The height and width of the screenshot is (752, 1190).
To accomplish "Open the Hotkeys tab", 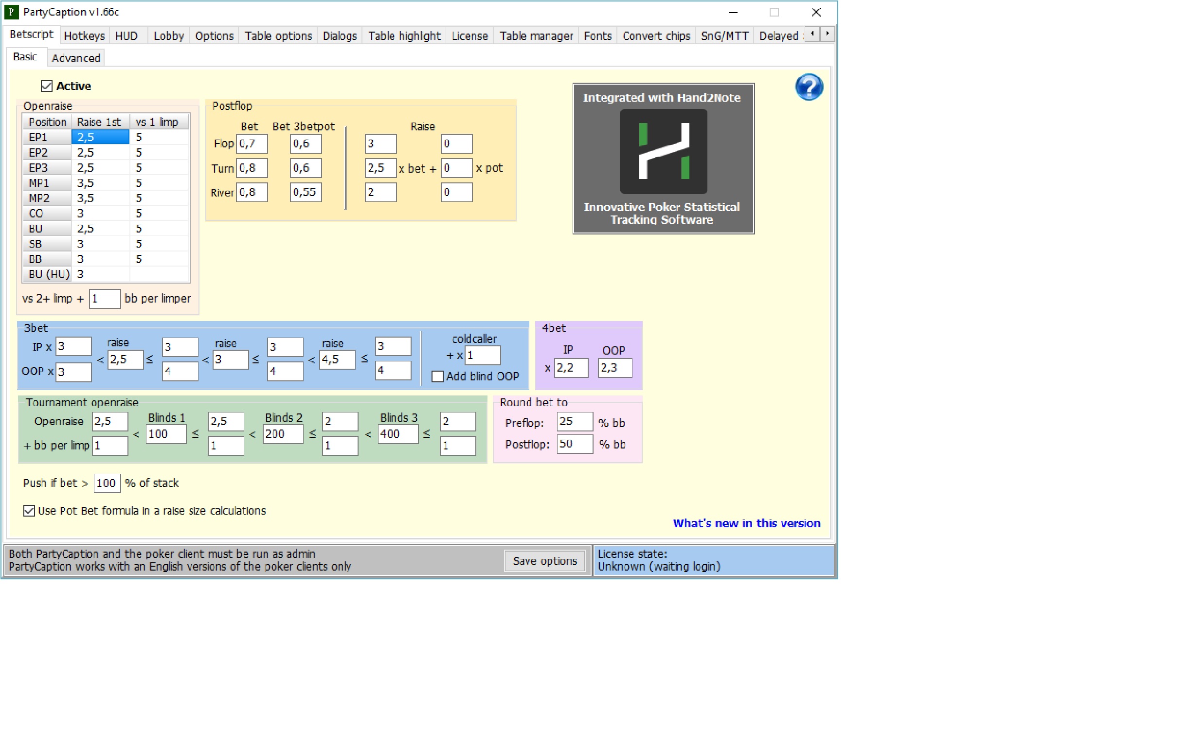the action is [84, 36].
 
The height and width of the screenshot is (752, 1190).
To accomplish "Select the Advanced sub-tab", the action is [76, 58].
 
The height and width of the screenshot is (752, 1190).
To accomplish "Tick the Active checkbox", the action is [46, 86].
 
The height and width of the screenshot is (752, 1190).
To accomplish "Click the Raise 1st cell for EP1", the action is [100, 137].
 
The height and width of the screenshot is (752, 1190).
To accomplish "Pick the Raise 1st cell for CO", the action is [100, 213].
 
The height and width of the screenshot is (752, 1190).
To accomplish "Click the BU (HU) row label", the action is [49, 274].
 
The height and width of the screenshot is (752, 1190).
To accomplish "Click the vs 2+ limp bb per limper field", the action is [105, 299].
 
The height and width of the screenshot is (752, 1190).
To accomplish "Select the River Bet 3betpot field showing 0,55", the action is [306, 192].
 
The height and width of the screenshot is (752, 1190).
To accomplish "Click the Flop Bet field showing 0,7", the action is [252, 144].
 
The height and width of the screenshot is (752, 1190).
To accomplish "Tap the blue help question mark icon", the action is [809, 87].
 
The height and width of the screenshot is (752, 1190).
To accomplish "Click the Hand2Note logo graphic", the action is [663, 151].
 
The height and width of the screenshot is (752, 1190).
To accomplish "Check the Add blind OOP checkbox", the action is [437, 376].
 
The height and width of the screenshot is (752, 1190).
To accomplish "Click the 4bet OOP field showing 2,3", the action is [615, 368].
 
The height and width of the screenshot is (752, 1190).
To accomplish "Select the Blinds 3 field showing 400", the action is [398, 434].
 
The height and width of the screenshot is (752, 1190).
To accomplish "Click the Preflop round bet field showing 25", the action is [575, 421].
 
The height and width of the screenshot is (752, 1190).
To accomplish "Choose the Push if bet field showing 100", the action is [107, 483].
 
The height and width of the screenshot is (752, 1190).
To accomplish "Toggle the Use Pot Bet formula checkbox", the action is [29, 510].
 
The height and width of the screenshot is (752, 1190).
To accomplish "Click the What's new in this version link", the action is [746, 523].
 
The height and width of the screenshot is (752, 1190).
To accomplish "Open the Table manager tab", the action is [536, 36].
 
